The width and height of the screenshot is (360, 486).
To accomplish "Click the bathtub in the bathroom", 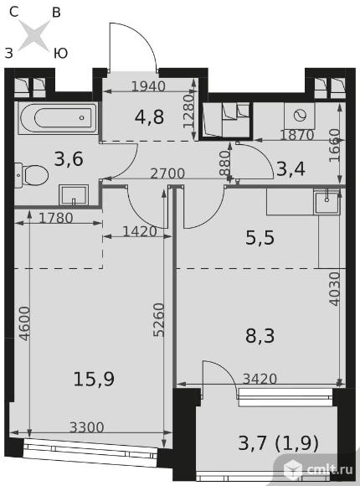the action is [x=58, y=118].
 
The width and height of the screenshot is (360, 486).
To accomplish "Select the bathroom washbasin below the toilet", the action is [x=74, y=195].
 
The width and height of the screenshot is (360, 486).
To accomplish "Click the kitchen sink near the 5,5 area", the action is [x=327, y=203].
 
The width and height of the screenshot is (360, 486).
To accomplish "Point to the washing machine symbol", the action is [x=300, y=116].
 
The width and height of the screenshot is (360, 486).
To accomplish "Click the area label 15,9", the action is [x=94, y=380].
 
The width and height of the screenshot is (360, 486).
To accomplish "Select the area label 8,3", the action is [x=260, y=336].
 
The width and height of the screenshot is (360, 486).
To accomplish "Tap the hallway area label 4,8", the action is [x=149, y=117].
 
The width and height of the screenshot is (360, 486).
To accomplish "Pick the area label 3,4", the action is [x=291, y=169].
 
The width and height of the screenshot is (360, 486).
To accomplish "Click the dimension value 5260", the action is [x=159, y=320].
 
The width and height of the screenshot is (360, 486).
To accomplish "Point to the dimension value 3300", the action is [x=86, y=427].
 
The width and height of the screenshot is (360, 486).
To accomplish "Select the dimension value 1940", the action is [x=148, y=86].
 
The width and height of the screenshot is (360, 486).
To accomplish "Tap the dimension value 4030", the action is [x=335, y=289].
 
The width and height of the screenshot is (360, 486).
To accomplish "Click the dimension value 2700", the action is [x=167, y=173].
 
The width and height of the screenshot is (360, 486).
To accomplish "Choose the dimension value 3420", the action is [x=260, y=379].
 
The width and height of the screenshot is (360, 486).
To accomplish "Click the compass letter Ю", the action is [x=60, y=54].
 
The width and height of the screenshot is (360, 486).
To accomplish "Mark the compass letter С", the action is [x=14, y=12].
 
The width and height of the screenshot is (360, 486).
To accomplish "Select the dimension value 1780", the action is [x=56, y=218].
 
